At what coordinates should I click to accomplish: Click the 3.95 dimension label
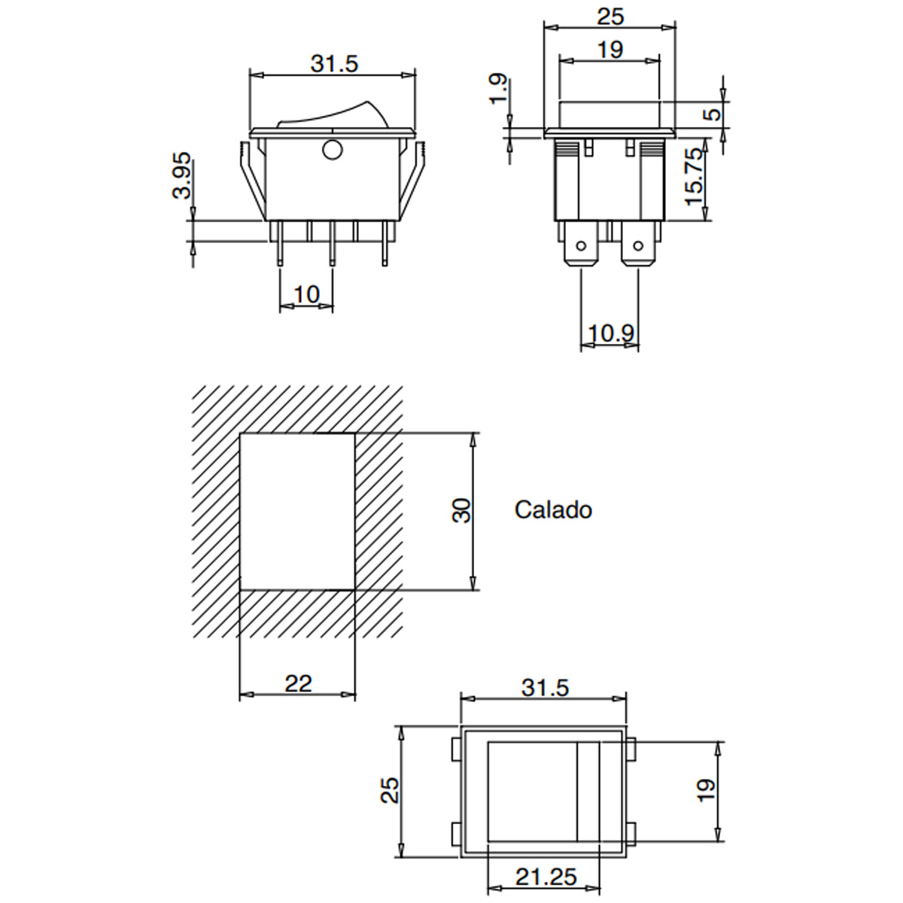click(182, 175)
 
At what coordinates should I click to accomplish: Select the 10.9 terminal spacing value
click(610, 333)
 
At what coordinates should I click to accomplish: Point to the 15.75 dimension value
click(695, 177)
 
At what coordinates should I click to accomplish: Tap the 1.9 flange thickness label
click(498, 88)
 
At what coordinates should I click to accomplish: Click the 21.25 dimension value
click(546, 877)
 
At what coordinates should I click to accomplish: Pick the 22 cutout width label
click(298, 684)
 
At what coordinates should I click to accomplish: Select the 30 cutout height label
click(461, 511)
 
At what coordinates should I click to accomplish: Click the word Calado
click(553, 510)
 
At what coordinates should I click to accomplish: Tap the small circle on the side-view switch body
click(333, 150)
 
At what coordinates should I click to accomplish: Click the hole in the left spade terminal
click(581, 245)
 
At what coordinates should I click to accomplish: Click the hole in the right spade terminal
click(638, 245)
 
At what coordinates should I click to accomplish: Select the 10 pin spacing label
click(306, 294)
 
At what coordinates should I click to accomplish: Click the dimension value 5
click(713, 114)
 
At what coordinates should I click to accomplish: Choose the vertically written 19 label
click(707, 791)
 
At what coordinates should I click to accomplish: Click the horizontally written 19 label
click(610, 50)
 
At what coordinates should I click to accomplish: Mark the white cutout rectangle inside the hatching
click(297, 511)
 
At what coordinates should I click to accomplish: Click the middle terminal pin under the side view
click(332, 244)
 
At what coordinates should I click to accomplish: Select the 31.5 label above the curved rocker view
click(334, 63)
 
